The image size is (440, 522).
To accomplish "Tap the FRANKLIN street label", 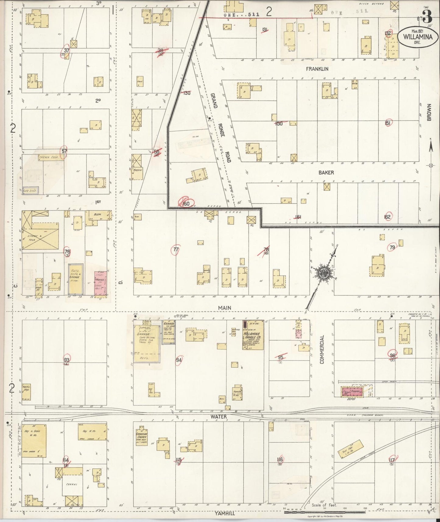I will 317,69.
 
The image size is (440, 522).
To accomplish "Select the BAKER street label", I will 326,172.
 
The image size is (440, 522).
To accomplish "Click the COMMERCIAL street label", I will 322,349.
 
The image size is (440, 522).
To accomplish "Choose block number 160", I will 185,203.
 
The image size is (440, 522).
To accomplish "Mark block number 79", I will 392,247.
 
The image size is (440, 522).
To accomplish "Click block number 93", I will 66,359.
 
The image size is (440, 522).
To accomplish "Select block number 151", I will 388,123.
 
